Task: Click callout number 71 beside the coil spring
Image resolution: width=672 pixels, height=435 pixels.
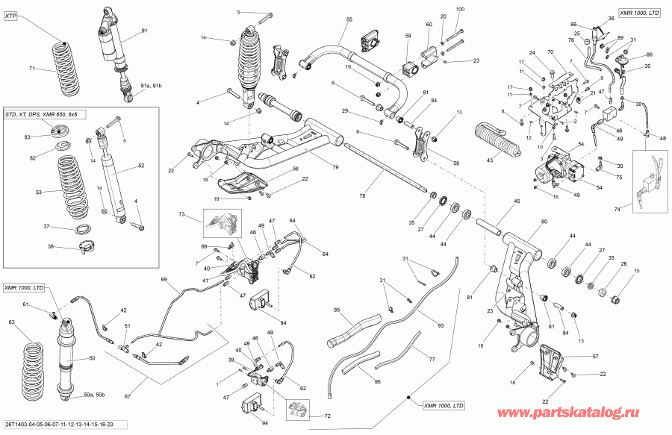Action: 32,69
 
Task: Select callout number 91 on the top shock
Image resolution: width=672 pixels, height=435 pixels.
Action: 144,31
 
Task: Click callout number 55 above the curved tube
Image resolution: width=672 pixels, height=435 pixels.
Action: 349,19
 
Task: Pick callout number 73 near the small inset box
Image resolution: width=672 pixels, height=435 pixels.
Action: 181,215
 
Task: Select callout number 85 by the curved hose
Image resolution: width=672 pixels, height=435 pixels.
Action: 337,310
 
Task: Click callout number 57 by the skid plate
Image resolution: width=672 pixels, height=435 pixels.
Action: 594,357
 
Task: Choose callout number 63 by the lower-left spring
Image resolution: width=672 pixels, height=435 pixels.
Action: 11,322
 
